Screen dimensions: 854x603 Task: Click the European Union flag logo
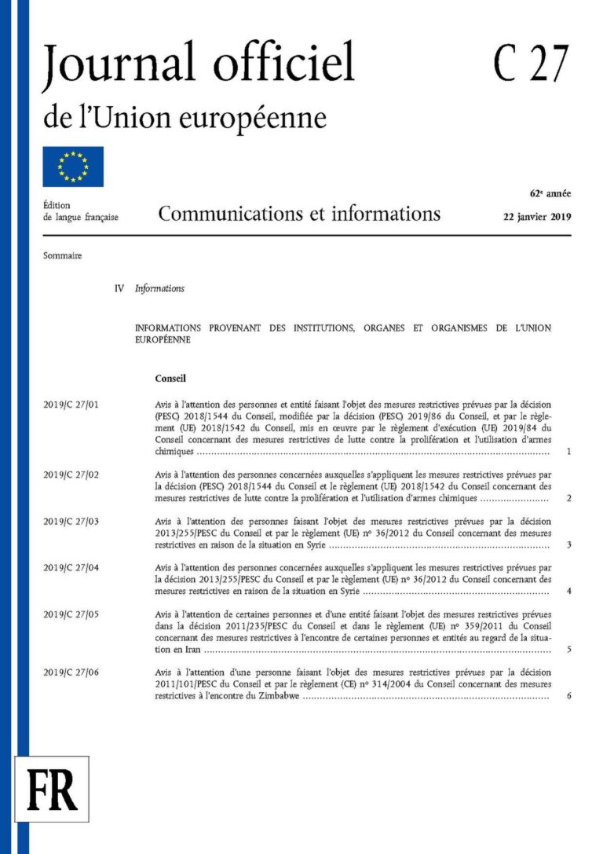point(73,167)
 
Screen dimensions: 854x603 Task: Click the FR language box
point(53,789)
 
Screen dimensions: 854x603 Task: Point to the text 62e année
point(550,193)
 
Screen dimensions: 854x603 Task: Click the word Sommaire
point(63,255)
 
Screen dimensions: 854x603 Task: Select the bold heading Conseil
point(170,378)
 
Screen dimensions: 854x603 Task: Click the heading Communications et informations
point(299,214)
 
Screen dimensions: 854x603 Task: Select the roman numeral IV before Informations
point(119,288)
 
